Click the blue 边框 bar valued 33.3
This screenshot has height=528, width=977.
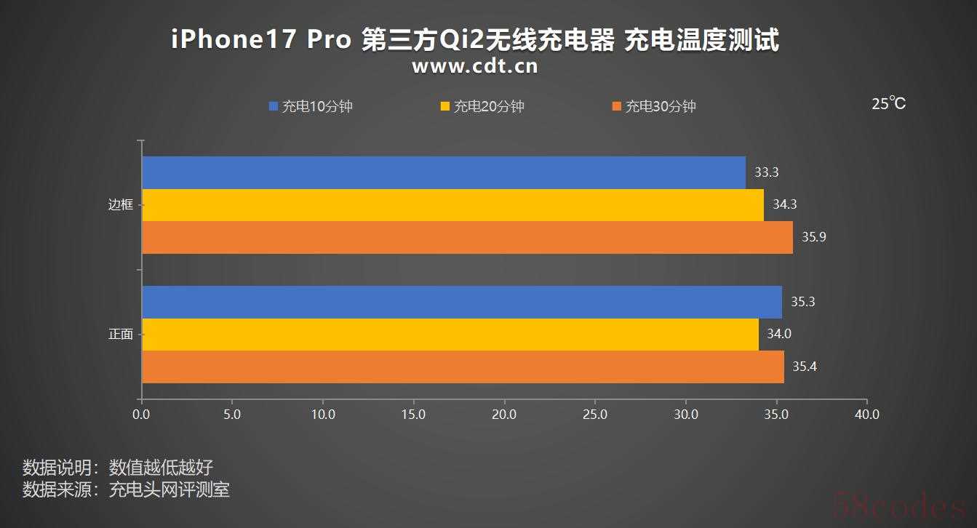(x=444, y=172)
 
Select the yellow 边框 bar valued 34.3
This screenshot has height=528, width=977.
(x=452, y=204)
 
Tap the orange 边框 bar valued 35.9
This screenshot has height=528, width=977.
(x=467, y=237)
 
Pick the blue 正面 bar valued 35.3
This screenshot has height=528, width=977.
(x=462, y=302)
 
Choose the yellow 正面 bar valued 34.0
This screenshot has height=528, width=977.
(x=450, y=335)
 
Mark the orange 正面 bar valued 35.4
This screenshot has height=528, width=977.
(x=463, y=367)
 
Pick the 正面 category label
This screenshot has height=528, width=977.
(x=121, y=335)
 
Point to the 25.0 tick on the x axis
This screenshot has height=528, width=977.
(x=595, y=415)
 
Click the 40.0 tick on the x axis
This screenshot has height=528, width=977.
(x=866, y=415)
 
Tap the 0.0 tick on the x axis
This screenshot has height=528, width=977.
(x=141, y=415)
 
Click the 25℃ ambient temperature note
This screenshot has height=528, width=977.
(x=888, y=104)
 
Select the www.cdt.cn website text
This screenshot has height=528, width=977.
(x=475, y=67)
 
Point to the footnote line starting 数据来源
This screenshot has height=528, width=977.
(x=127, y=489)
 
